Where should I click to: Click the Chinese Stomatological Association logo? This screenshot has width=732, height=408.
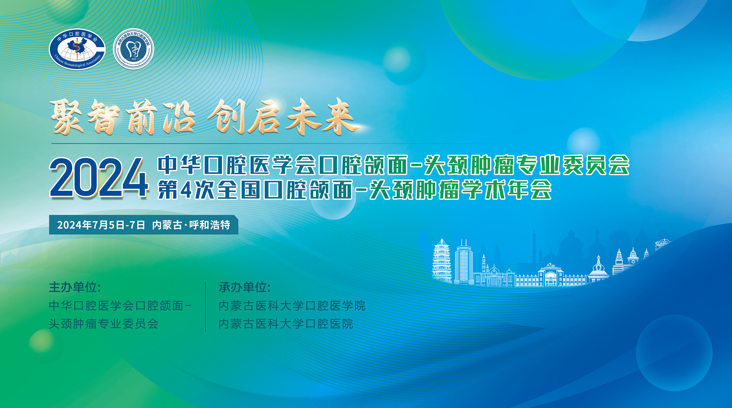[x=77, y=49]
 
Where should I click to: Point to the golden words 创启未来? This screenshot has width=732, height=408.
[x=281, y=116]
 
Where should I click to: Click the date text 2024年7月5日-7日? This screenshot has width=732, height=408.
[x=101, y=225]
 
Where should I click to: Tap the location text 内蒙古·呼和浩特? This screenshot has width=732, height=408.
[x=191, y=225]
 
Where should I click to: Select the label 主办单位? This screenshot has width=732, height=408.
[x=75, y=287]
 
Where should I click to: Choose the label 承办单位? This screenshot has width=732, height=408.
[x=244, y=287]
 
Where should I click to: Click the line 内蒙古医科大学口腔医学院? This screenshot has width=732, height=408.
[x=292, y=306]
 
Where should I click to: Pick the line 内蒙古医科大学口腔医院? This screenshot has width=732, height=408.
[x=286, y=324]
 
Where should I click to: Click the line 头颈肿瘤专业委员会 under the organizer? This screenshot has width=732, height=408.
[x=104, y=324]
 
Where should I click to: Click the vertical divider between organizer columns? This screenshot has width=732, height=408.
[x=205, y=306]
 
